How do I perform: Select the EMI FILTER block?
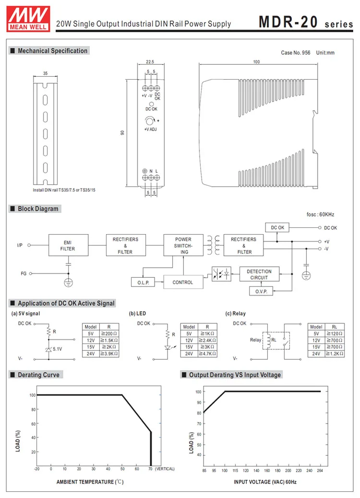pyautogui.click(x=68, y=246)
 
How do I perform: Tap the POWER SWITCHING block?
pyautogui.click(x=183, y=246)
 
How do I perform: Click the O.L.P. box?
pyautogui.click(x=144, y=283)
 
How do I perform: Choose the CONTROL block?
pyautogui.click(x=183, y=283)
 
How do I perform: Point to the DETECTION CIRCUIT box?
pyautogui.click(x=259, y=274)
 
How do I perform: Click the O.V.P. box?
pyautogui.click(x=261, y=291)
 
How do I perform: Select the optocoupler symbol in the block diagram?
pyautogui.click(x=221, y=274)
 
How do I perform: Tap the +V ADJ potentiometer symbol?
pyautogui.click(x=150, y=121)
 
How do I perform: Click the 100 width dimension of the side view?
pyautogui.click(x=256, y=62)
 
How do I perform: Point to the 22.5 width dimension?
pyautogui.click(x=150, y=61)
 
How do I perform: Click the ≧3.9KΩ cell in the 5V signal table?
pyautogui.click(x=109, y=353)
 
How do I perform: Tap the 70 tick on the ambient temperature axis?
pyautogui.click(x=151, y=469)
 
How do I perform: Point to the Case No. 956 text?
pyautogui.click(x=296, y=53)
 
